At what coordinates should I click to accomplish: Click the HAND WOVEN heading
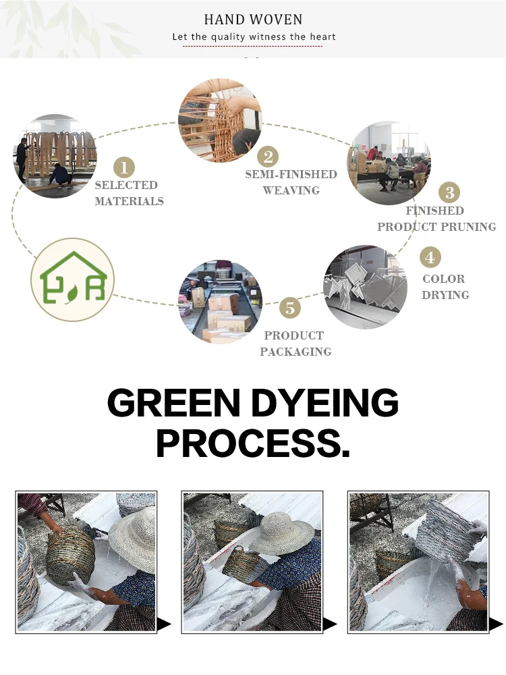pyautogui.click(x=253, y=20)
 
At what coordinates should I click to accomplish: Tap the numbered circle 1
pyautogui.click(x=123, y=167)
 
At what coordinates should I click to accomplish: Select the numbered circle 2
pyautogui.click(x=268, y=157)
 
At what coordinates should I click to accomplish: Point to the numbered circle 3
pyautogui.click(x=449, y=192)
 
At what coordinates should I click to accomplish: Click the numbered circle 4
pyautogui.click(x=430, y=257)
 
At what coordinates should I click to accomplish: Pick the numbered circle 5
pyautogui.click(x=290, y=308)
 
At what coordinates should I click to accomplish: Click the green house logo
pyautogui.click(x=73, y=279)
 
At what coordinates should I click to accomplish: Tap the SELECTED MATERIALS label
pyautogui.click(x=128, y=193)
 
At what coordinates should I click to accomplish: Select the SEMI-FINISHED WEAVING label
pyautogui.click(x=291, y=182)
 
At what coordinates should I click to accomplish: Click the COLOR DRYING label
pyautogui.click(x=445, y=287)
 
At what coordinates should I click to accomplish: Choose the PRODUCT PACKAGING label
pyautogui.click(x=295, y=344)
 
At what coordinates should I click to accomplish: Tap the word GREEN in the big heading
pyautogui.click(x=173, y=404)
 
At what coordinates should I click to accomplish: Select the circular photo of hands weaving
pyautogui.click(x=220, y=120)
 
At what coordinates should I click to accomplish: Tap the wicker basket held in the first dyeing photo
pyautogui.click(x=71, y=555)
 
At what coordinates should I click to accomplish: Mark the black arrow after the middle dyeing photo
pyautogui.click(x=330, y=625)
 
